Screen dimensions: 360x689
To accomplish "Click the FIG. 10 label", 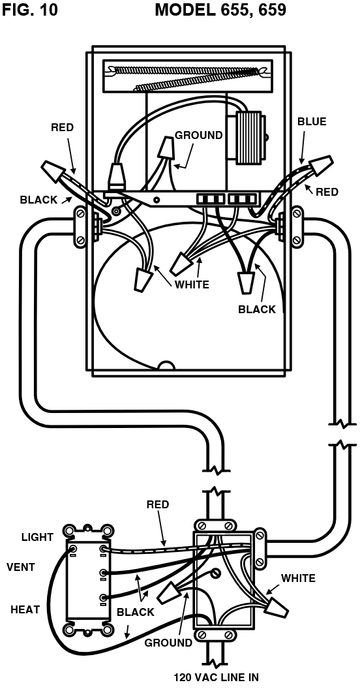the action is [30, 10].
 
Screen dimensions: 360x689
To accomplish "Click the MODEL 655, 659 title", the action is [220, 10].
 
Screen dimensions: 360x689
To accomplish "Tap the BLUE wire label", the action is [312, 122].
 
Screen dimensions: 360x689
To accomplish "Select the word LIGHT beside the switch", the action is [37, 537].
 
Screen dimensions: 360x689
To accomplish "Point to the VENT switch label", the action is [21, 567].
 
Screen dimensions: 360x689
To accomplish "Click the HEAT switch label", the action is [25, 609].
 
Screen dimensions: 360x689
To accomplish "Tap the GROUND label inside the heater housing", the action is [198, 135].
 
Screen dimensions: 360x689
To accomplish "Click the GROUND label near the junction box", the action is [168, 643].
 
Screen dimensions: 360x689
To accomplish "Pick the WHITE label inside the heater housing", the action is [192, 284].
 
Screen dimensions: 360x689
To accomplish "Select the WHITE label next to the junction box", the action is [298, 578].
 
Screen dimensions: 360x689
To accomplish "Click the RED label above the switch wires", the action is [158, 504].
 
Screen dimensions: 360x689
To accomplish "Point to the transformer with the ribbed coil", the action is [250, 138].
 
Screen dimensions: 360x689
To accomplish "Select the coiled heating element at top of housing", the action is [187, 76].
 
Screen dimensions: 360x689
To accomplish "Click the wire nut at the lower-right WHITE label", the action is [276, 607].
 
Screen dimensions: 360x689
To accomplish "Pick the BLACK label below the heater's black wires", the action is [257, 309].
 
